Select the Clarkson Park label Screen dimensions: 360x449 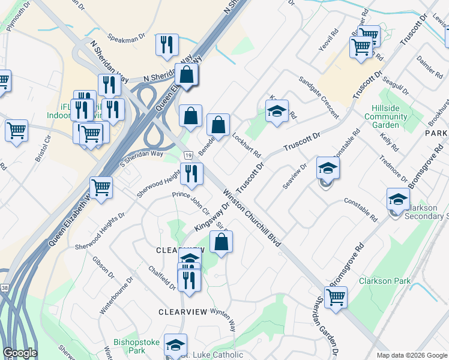(385, 281)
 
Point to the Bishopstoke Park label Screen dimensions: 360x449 (136, 346)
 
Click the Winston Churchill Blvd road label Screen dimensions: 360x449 (252, 217)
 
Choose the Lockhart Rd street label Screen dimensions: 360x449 (246, 145)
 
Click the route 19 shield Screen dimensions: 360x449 (188, 155)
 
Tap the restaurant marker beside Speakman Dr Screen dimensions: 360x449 (166, 46)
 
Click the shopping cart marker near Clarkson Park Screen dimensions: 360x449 (336, 297)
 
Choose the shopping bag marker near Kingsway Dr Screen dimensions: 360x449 (221, 242)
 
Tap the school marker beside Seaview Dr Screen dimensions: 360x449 (328, 169)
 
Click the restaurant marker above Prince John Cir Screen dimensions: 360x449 (191, 174)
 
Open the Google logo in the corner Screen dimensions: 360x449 (19, 353)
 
